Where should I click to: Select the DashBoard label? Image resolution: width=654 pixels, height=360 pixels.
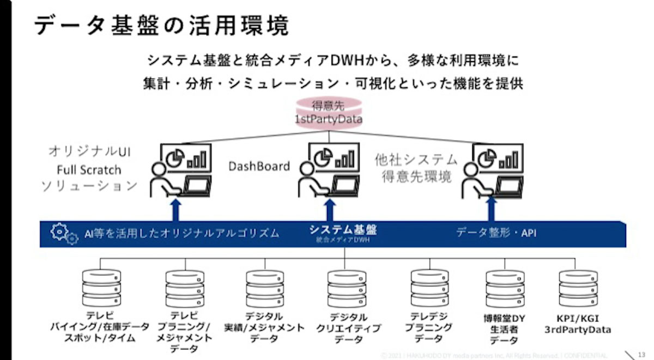click(259, 166)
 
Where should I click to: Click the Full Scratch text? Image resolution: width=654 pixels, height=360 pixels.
click(89, 169)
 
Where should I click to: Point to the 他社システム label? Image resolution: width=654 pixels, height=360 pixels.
click(416, 160)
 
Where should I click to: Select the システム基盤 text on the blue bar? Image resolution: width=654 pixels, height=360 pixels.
click(343, 230)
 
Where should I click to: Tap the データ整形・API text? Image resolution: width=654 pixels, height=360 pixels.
click(496, 233)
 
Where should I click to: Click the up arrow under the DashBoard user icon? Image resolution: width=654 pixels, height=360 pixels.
click(329, 210)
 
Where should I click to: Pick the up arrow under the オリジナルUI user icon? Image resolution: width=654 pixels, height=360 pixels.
click(175, 210)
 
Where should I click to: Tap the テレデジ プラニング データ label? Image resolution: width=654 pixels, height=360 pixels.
click(430, 327)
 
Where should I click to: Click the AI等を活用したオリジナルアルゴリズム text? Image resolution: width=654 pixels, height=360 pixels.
click(181, 234)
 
